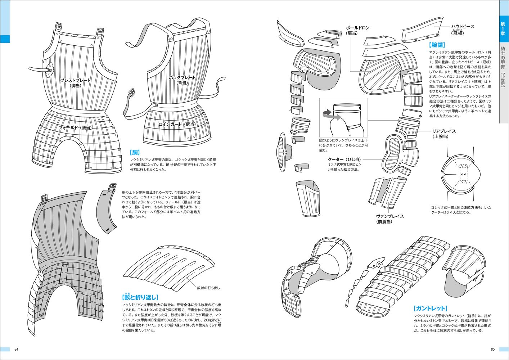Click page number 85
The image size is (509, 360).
(492, 349)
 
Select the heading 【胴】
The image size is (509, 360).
(135, 152)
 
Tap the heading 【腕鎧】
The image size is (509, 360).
(437, 45)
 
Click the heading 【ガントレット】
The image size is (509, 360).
(431, 308)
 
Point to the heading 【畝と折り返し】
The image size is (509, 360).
(140, 297)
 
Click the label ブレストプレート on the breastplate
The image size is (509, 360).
(75, 80)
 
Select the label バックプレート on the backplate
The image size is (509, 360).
(182, 77)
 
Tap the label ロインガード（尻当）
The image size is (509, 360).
(177, 124)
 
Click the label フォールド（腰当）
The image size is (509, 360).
(75, 127)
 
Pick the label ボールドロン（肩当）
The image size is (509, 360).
(357, 30)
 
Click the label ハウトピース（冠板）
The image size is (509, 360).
(463, 30)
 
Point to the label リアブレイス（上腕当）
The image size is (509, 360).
(444, 134)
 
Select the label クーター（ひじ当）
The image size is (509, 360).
(344, 159)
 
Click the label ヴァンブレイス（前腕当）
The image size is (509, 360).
(389, 219)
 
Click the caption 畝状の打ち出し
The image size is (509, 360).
(208, 288)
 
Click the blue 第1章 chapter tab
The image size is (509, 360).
(503, 28)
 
